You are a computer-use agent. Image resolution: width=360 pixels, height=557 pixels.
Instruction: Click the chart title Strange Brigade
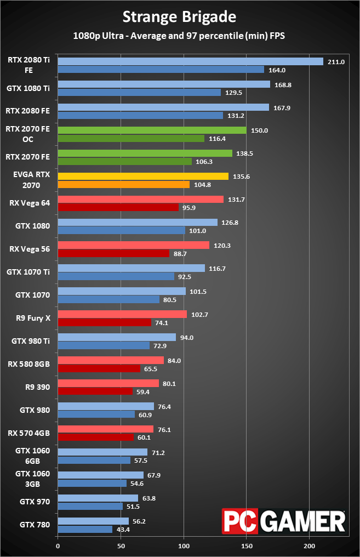click(x=180, y=17)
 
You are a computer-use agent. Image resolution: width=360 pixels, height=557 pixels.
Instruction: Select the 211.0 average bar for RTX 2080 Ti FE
click(x=190, y=62)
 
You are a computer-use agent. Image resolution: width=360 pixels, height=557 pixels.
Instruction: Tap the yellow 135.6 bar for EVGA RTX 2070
click(x=143, y=177)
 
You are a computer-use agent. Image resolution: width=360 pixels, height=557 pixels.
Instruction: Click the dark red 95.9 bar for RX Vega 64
click(x=118, y=207)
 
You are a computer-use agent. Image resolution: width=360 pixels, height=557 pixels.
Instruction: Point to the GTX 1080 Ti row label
click(x=28, y=88)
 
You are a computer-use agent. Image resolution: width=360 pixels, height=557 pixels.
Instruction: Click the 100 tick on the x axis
click(x=184, y=546)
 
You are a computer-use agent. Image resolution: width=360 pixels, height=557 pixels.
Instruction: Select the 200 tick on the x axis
click(x=310, y=546)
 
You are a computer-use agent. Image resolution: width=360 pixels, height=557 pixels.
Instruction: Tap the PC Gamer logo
click(x=284, y=520)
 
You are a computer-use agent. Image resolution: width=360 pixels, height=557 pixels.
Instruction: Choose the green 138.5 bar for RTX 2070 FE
click(x=145, y=154)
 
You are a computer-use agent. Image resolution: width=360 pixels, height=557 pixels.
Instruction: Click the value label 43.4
click(x=124, y=530)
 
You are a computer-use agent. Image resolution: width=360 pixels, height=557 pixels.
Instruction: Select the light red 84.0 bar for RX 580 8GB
click(x=111, y=360)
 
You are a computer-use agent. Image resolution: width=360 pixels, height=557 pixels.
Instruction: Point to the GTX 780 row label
click(x=35, y=525)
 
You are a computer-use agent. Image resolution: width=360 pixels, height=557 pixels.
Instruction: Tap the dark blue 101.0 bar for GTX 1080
click(x=121, y=230)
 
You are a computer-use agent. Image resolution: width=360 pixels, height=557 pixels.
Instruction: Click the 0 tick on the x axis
click(x=58, y=546)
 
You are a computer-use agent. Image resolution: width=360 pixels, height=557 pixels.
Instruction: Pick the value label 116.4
click(x=217, y=138)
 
